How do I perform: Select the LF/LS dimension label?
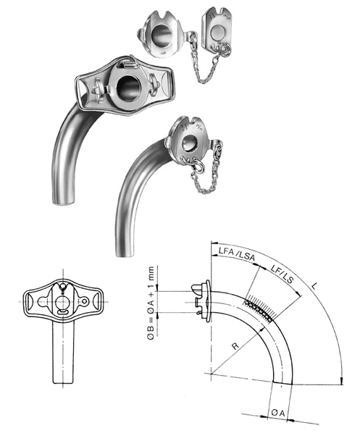pos(282,274)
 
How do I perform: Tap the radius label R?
pos(235,346)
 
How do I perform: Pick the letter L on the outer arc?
pos(314,286)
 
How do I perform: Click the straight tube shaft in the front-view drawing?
pos(63,352)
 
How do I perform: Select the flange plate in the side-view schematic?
pos(208,301)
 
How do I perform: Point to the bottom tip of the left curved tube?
pos(64,202)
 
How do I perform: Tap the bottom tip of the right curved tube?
pos(125,253)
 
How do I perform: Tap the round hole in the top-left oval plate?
pos(162,34)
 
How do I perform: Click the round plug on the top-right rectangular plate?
pos(218,33)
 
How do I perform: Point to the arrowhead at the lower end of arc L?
pos(342,381)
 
